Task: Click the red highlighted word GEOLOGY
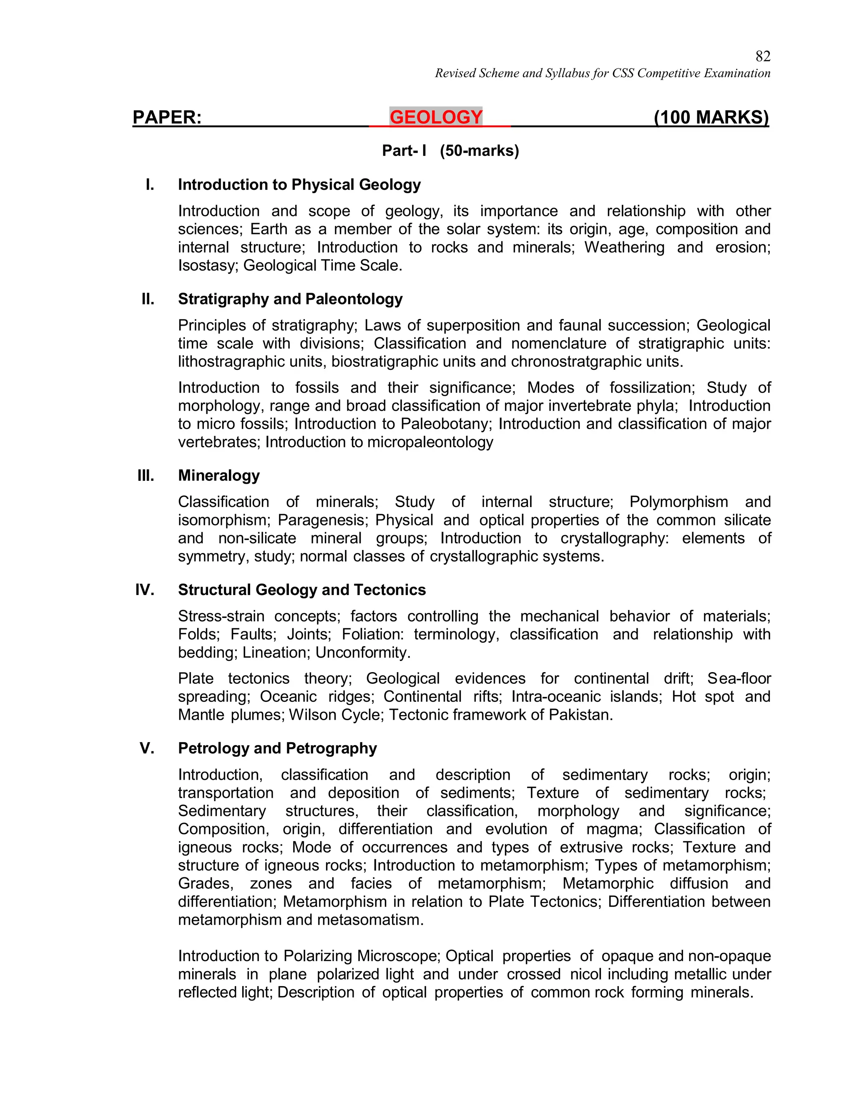tap(436, 118)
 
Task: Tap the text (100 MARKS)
tap(711, 118)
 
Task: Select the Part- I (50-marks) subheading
tap(450, 151)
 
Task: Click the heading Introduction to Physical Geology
tap(299, 185)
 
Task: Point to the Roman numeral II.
tap(148, 299)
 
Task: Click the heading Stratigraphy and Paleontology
tap(290, 299)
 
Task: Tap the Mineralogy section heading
tap(219, 476)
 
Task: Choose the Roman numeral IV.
tap(145, 590)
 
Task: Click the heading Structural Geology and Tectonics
tap(301, 590)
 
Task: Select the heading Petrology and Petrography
tap(277, 748)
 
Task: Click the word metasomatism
tap(379, 920)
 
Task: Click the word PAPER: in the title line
tap(167, 118)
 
